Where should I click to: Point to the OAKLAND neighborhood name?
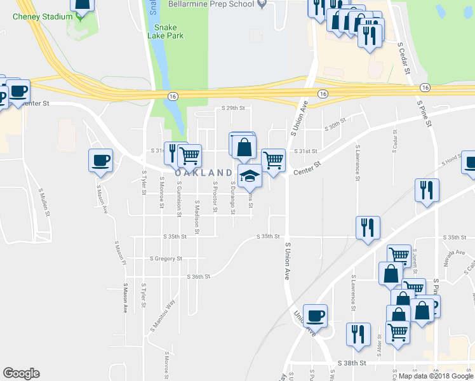203,173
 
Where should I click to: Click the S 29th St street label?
233,109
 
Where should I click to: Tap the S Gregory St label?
166,258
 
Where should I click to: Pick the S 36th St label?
199,276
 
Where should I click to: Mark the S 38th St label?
354,363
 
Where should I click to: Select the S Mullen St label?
44,202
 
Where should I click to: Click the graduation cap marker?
250,176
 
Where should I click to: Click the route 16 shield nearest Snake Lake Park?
172,95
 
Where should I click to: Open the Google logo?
21,373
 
